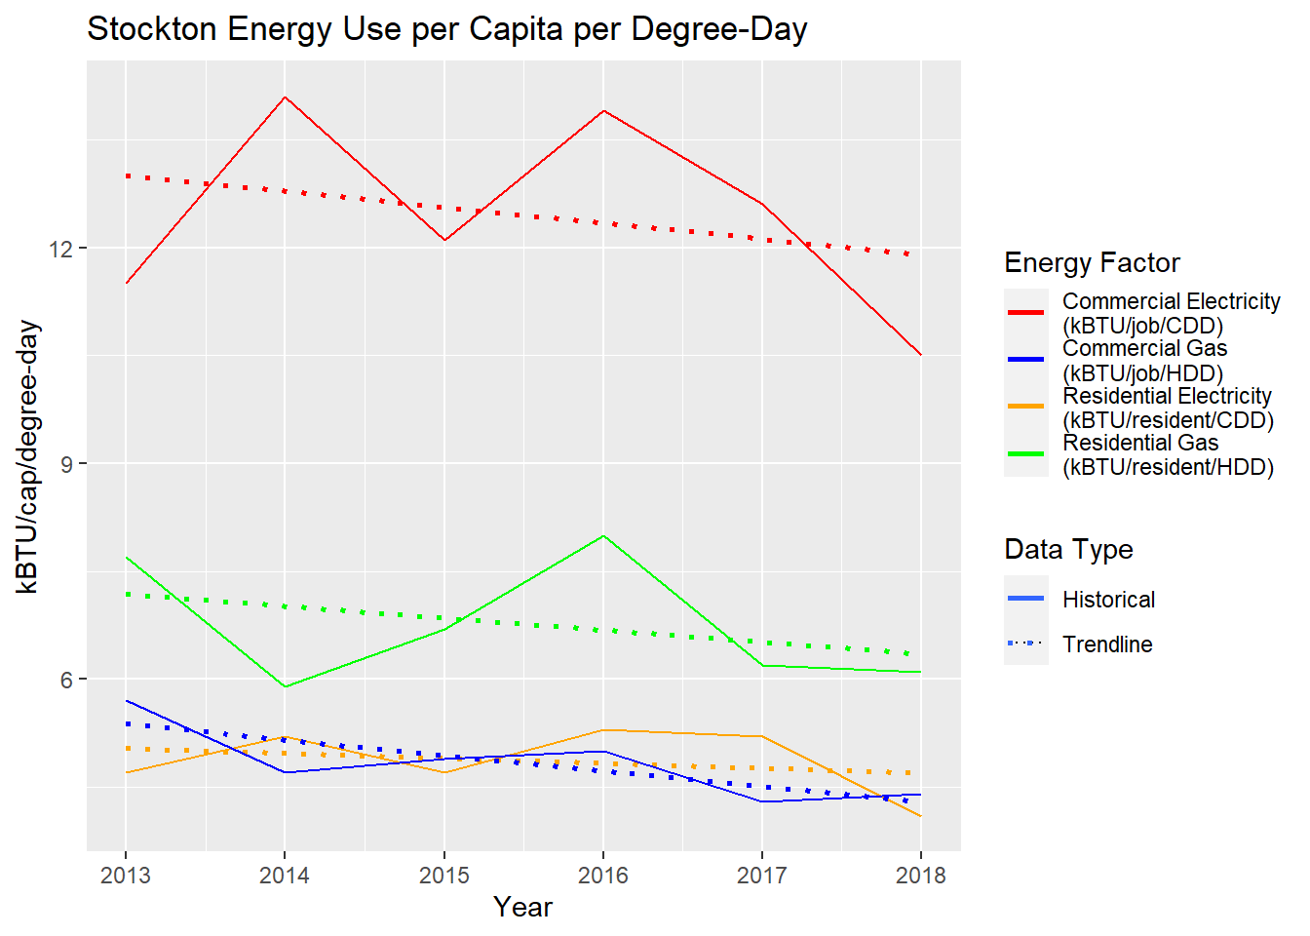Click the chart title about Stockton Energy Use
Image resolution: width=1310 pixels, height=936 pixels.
pos(446,29)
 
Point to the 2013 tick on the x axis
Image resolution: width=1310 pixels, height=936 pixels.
pos(126,875)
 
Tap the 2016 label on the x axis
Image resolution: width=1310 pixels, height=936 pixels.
pos(603,875)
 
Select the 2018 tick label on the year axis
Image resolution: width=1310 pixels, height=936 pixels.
pos(920,875)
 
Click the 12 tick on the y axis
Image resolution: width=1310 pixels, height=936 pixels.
pos(61,249)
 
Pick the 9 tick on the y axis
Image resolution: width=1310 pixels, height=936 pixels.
pos(67,464)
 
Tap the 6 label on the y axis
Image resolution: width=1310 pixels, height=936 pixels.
pos(67,680)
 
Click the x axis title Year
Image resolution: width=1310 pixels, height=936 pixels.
pos(522,907)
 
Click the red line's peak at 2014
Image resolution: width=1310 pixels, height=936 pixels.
pos(285,97)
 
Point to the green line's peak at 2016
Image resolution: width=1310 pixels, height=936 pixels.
pos(603,536)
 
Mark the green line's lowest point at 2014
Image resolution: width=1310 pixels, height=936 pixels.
pos(285,686)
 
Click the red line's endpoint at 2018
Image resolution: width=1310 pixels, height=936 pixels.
pos(920,355)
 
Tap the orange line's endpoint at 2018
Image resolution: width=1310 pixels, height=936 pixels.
pos(920,816)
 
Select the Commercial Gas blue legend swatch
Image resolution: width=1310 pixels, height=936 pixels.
pos(1025,360)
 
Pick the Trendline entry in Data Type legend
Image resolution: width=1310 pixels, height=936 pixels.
pos(1106,644)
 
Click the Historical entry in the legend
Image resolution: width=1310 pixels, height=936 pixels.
pos(1107,600)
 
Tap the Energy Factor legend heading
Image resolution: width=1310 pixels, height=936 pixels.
pos(1092,263)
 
